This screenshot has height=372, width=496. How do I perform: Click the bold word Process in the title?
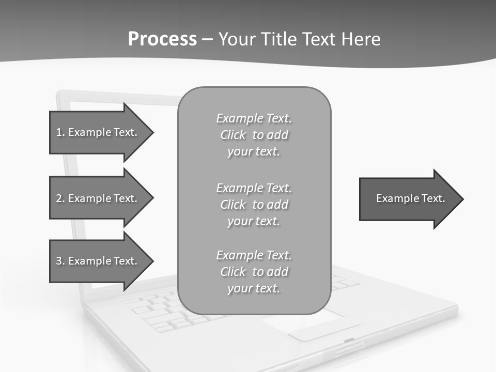pos(162,39)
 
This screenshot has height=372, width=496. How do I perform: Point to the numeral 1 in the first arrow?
pos(58,132)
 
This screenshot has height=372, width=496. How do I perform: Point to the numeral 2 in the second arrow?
pos(59,198)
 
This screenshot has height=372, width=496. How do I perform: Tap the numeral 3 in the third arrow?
pos(59,261)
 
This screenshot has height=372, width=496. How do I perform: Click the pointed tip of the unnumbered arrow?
pos(462,199)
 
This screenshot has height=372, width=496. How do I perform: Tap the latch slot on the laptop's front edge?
pos(349,340)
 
